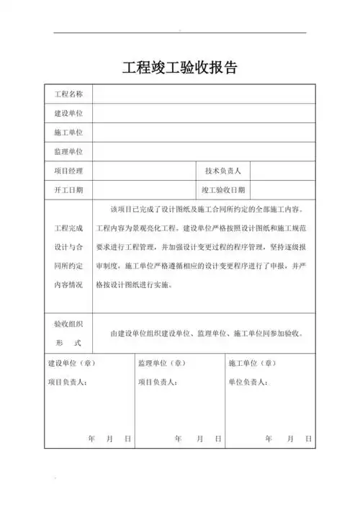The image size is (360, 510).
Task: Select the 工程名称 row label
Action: coord(69,94)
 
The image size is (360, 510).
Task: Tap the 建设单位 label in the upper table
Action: coord(69,114)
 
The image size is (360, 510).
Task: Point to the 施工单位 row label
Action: coord(69,133)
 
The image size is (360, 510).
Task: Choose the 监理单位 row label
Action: coord(69,152)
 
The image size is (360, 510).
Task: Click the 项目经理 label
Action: coord(69,171)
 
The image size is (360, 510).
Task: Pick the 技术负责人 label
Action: coord(222,171)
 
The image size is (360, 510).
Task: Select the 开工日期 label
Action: coord(69,190)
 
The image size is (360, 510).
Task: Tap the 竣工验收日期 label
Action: coord(222,190)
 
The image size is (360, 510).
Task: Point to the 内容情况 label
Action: coord(69,285)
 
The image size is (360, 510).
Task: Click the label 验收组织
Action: coord(69,324)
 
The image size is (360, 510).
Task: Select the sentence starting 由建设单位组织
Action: coord(206,334)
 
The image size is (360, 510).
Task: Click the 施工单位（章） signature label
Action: coord(253,364)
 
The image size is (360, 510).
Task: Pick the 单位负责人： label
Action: coord(249,382)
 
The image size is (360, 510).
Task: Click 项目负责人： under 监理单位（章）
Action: coord(158,382)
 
